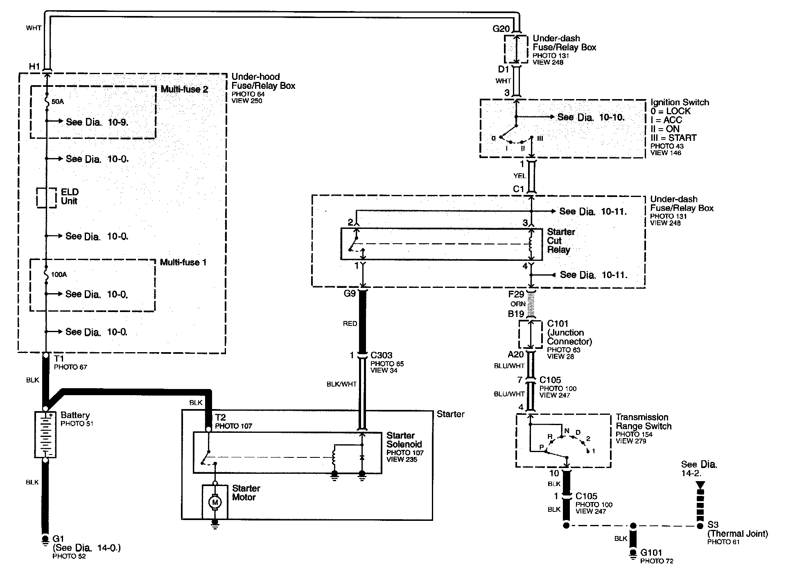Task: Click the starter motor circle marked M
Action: tap(215, 502)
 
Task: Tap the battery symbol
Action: tap(45, 434)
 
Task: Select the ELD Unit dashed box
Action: tap(46, 197)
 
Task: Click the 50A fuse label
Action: tap(58, 102)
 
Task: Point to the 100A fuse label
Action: tap(59, 274)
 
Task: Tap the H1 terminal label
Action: tap(34, 66)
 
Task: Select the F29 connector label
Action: tap(516, 294)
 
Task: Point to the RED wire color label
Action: tap(350, 323)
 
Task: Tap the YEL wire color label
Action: tap(519, 176)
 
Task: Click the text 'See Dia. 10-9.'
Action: tap(97, 122)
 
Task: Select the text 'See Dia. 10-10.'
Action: tap(592, 117)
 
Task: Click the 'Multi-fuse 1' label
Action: tap(183, 262)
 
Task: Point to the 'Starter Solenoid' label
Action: tap(404, 440)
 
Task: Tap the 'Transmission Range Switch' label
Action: tap(644, 422)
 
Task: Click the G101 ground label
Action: tap(651, 553)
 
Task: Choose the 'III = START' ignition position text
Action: tap(673, 138)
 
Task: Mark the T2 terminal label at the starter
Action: tap(220, 417)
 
